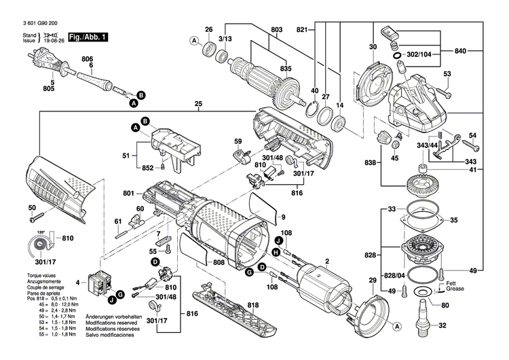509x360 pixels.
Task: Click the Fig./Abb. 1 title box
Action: [87, 37]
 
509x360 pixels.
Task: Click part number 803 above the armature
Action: [276, 29]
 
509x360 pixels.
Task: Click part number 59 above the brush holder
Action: [238, 141]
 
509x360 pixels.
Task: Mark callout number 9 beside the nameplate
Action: [276, 217]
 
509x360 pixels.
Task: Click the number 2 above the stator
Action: [326, 261]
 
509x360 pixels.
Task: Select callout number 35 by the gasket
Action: [454, 219]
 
